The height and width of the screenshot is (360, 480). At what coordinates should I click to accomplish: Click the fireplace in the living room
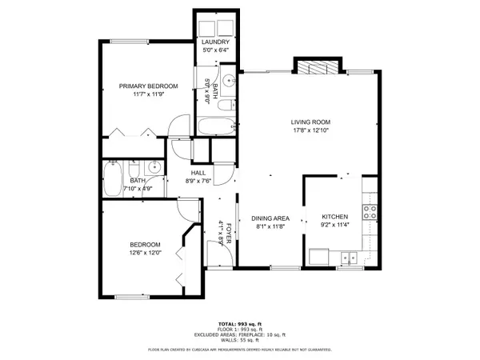tap(318, 67)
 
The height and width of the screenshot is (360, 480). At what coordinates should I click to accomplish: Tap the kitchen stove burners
tap(370, 212)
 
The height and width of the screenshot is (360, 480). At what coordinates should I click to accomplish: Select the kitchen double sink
tap(348, 258)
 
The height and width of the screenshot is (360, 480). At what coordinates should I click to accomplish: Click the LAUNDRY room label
tap(216, 42)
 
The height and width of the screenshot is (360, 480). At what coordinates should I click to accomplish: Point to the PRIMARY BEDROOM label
tap(148, 86)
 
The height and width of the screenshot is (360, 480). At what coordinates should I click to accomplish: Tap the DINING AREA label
tap(270, 218)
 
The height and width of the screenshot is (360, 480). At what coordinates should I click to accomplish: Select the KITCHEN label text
tap(335, 217)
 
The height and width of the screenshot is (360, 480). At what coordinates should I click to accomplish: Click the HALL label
tap(198, 173)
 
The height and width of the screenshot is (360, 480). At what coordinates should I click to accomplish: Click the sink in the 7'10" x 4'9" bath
tap(154, 169)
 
